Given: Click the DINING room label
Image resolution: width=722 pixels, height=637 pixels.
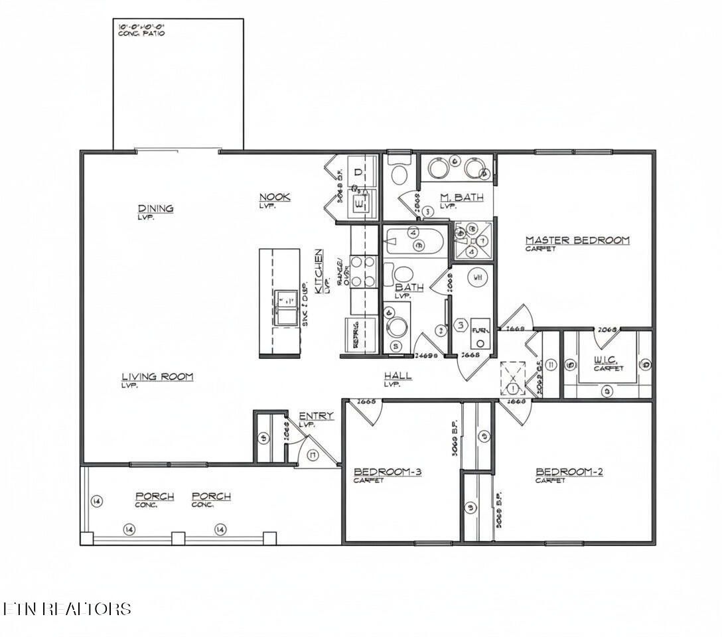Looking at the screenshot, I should point(155,208).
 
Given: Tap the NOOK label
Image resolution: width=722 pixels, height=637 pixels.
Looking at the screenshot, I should point(274,197).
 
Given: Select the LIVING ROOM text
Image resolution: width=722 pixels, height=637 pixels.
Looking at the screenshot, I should point(157,377).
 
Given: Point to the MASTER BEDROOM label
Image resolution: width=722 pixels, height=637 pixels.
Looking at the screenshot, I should point(577,240).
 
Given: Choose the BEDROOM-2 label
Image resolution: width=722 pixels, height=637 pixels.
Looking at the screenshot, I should point(569,472).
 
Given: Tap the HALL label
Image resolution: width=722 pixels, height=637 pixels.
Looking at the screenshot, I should point(397,376).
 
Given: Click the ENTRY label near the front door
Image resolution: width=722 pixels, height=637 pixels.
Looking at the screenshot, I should point(316,415).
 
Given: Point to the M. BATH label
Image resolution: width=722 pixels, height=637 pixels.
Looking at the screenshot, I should point(461,197).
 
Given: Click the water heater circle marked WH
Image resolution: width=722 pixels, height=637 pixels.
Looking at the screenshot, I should point(476,277).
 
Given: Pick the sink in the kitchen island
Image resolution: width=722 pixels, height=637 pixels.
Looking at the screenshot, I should point(287,307).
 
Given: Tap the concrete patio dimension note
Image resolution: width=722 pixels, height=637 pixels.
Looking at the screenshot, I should point(141,29).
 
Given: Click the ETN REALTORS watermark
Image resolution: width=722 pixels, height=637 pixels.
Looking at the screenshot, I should point(66,608).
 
